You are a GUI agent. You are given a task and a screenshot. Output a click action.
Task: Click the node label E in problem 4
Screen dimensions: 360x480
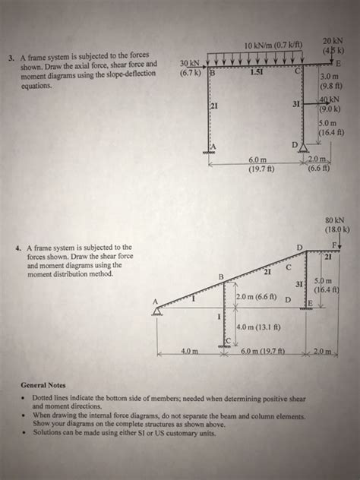pos(309,302)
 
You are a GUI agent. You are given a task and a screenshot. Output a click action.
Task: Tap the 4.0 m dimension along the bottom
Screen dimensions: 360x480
pos(190,352)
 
